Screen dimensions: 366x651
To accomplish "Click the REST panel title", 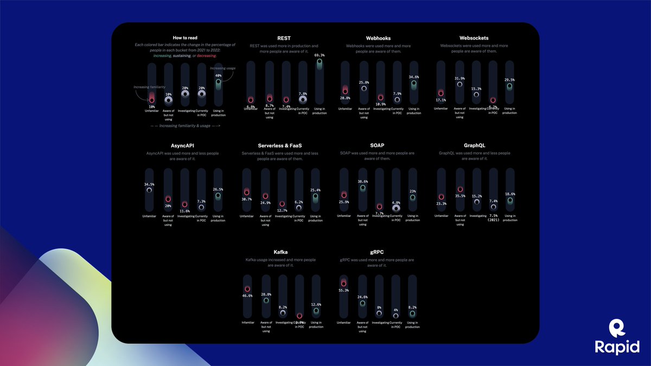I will (284, 38).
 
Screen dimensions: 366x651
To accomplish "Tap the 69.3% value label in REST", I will (319, 55).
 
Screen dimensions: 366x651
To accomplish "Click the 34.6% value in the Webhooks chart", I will (413, 77).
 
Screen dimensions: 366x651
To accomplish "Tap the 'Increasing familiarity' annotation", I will (150, 87).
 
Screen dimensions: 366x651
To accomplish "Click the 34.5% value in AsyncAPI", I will (149, 184).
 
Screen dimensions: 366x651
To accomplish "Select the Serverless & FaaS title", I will (280, 146).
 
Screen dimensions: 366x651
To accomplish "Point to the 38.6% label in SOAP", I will (362, 182).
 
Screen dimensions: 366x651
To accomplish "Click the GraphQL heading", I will (474, 146).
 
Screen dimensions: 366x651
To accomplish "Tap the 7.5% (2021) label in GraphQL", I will (493, 217).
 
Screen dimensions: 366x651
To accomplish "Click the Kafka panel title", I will (280, 252).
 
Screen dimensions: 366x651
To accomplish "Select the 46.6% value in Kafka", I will (247, 296).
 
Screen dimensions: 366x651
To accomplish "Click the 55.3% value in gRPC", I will (343, 291).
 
